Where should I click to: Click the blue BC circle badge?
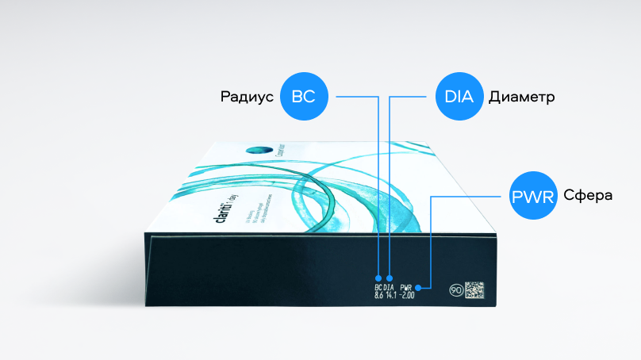(304, 97)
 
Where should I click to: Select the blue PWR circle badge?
(532, 193)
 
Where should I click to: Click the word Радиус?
(247, 98)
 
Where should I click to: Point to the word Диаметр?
(521, 98)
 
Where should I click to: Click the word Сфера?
(589, 194)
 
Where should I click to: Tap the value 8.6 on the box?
(378, 296)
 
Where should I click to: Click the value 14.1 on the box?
(390, 296)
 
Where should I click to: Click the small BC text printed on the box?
(378, 287)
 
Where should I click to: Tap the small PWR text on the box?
(407, 287)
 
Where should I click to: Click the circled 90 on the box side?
(455, 290)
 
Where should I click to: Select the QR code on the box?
(474, 289)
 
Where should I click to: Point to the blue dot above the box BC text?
(378, 279)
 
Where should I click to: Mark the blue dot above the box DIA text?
(390, 279)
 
